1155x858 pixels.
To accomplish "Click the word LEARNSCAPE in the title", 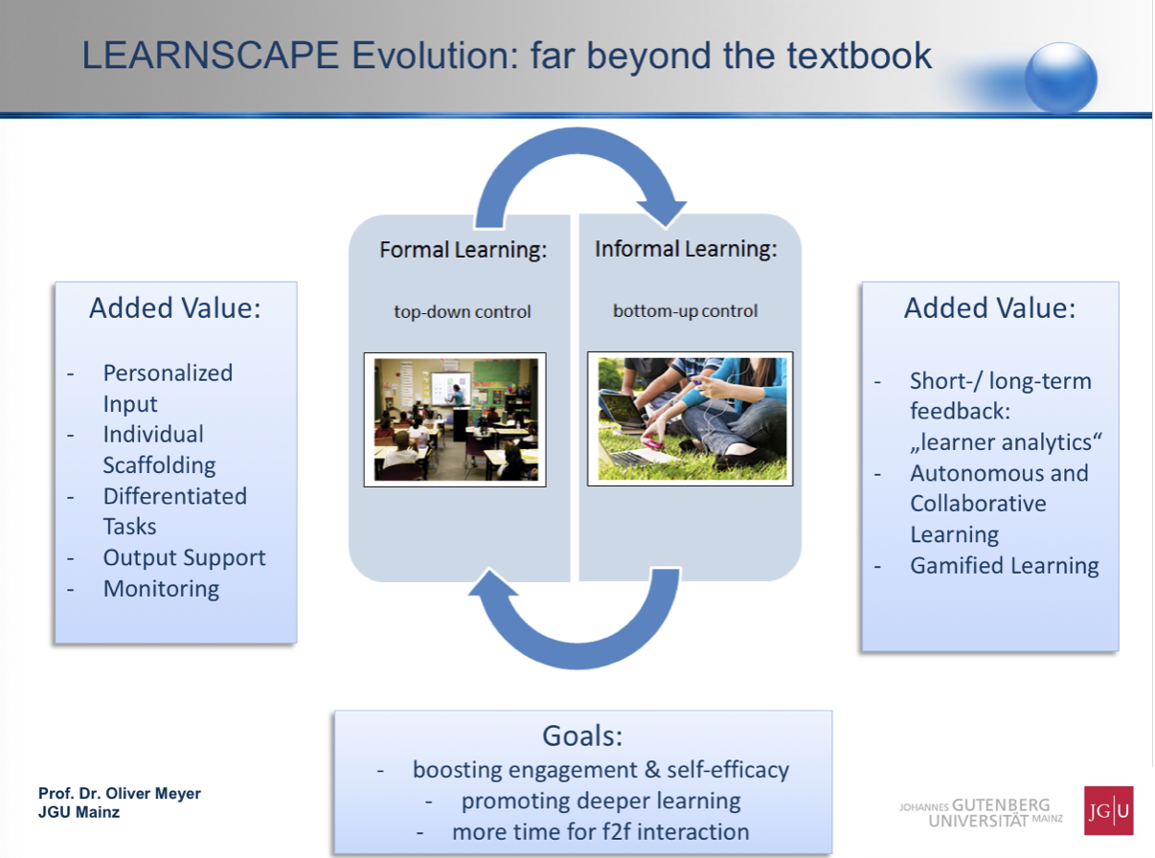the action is click(x=211, y=56).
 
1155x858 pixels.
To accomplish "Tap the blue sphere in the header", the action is click(x=1061, y=79).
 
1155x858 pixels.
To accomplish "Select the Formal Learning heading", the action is click(x=463, y=249).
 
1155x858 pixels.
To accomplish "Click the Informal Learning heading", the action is click(x=686, y=248).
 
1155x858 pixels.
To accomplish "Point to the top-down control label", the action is click(x=463, y=312).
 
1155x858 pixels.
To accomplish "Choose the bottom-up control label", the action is click(x=686, y=311).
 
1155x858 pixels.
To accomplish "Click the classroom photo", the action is click(x=455, y=419).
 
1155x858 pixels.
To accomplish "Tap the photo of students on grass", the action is click(x=691, y=419).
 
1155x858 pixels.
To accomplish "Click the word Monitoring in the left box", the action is click(x=162, y=589).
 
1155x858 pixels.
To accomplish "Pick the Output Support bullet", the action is click(x=184, y=557).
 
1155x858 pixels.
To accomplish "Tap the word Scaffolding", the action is click(x=159, y=465).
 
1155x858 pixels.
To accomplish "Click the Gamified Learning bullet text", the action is click(x=1005, y=565).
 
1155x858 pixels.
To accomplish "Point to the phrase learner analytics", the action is click(x=1006, y=442).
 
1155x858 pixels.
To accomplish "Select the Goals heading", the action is click(x=582, y=735).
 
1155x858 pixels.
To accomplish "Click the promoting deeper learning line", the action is click(x=600, y=801).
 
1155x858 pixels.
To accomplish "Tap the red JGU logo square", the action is click(x=1109, y=811).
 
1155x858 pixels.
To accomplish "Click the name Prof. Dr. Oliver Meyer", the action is click(x=120, y=793).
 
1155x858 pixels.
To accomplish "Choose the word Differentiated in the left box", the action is click(x=175, y=496).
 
